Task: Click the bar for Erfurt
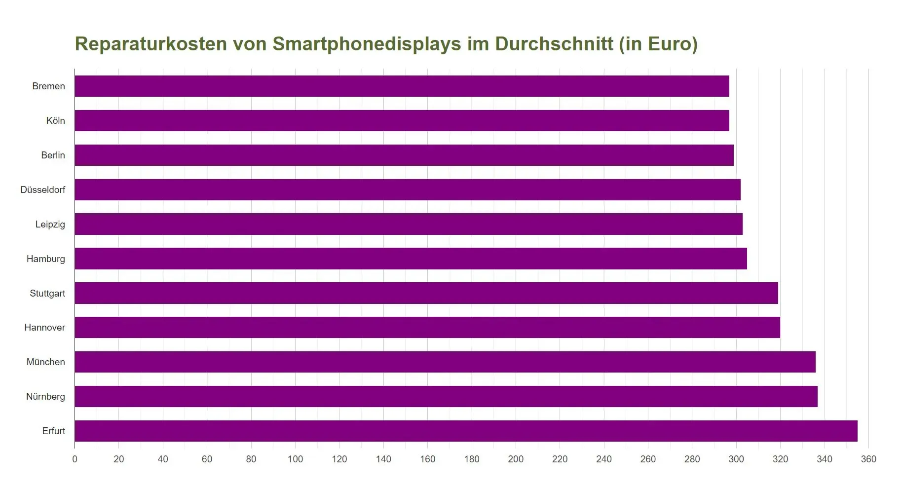tap(466, 431)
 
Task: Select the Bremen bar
tap(402, 86)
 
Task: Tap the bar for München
tap(445, 362)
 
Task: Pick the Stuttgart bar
tap(426, 293)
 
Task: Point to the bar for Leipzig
tap(408, 224)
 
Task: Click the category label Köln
tap(56, 120)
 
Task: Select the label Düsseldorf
tap(43, 189)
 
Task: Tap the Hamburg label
tap(46, 259)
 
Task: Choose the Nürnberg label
tap(45, 396)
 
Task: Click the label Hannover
tap(45, 327)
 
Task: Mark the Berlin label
tap(53, 155)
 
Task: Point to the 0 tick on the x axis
tap(75, 459)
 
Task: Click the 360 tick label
tap(868, 459)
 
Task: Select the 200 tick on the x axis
tap(516, 459)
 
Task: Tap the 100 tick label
tap(295, 459)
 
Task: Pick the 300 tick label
tap(736, 459)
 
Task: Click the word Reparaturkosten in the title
tap(150, 44)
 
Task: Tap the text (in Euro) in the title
tap(658, 44)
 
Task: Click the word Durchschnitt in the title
tap(554, 44)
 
